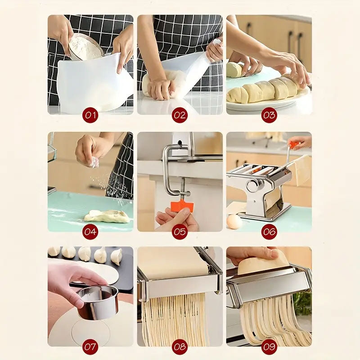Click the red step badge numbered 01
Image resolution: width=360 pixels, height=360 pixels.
(x=90, y=115)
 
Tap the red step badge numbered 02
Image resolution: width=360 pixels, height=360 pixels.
(x=180, y=115)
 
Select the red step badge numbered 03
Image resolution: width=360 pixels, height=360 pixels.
(x=269, y=115)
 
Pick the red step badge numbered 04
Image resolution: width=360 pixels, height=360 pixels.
(x=90, y=232)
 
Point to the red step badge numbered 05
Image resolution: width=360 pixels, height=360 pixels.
(x=180, y=232)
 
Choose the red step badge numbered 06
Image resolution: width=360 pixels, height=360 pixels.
(x=269, y=232)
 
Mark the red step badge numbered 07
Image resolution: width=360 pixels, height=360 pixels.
(x=90, y=346)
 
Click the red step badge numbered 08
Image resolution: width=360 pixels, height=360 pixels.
(x=180, y=346)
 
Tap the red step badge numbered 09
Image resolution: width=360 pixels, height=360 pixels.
(x=269, y=346)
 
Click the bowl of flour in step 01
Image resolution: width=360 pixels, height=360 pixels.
(x=85, y=47)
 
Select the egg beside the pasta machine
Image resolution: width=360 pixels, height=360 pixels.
(x=234, y=221)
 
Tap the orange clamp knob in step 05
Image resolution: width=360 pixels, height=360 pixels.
(x=181, y=206)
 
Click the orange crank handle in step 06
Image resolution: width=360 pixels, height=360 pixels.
(x=294, y=144)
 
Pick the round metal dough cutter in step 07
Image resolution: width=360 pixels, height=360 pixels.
(x=97, y=303)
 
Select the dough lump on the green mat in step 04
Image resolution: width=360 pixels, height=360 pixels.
(x=107, y=216)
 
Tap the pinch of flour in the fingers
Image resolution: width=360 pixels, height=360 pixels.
(x=95, y=162)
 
